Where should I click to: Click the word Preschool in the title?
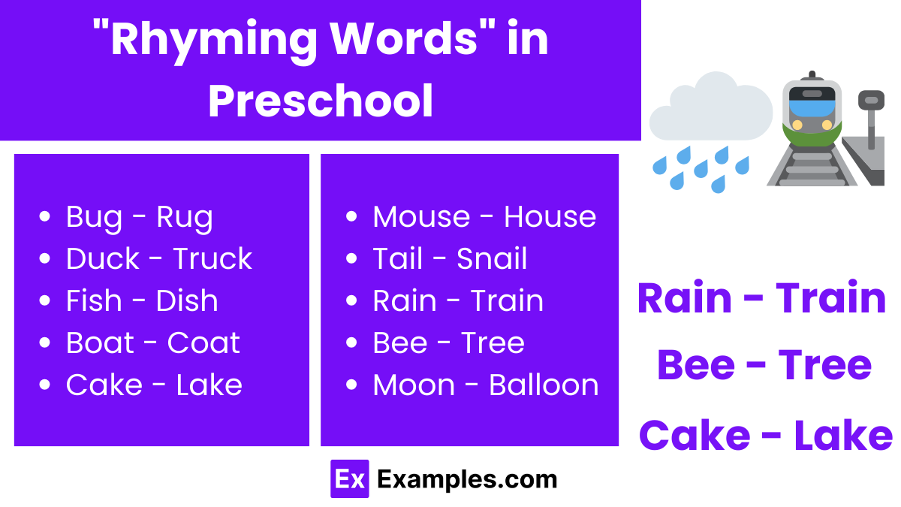[321, 101]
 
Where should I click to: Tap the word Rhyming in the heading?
[213, 40]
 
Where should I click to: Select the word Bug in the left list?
[93, 217]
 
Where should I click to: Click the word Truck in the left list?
[212, 259]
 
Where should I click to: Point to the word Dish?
[187, 301]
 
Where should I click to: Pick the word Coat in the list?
[203, 343]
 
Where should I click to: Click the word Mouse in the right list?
[420, 217]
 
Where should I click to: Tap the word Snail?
[492, 259]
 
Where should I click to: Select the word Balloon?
[544, 385]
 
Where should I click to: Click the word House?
[550, 217]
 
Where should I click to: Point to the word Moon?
[414, 385]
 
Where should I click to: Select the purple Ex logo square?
[349, 479]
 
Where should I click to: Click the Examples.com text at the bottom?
[467, 479]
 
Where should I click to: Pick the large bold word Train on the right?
[830, 298]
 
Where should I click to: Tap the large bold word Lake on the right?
[842, 436]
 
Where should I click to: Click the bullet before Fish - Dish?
[44, 301]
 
